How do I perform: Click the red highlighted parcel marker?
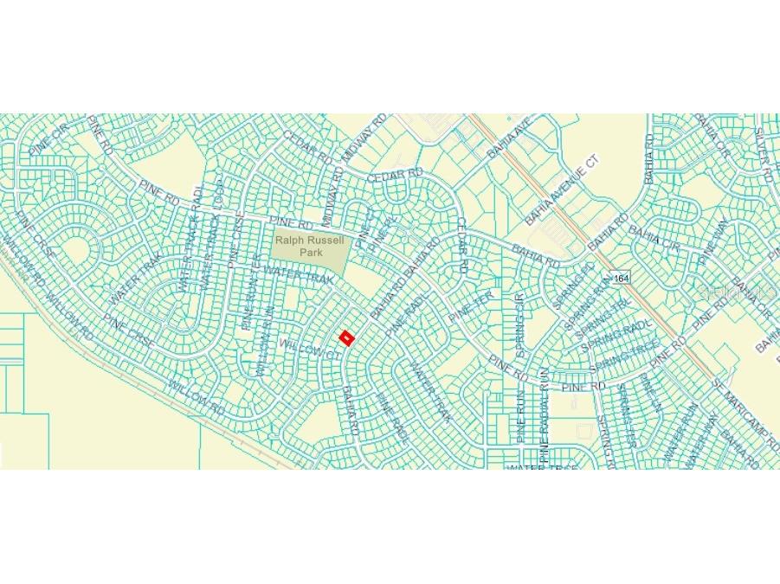coord(346,337)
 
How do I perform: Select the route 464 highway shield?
coord(620,279)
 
